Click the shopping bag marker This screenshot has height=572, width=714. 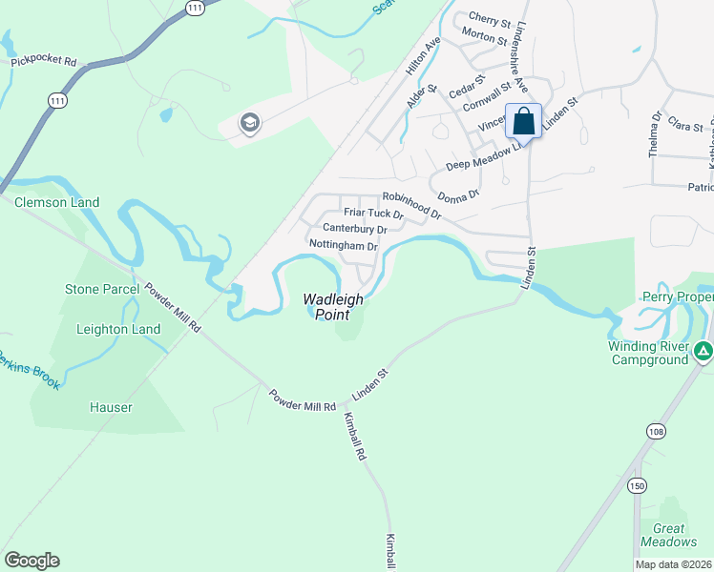tap(523, 121)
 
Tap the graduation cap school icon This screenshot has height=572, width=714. tap(250, 123)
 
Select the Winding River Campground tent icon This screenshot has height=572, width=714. tap(703, 352)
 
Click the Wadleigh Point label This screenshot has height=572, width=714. tap(333, 306)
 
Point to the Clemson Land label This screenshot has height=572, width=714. tap(56, 202)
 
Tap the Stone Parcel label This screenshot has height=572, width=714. tap(102, 289)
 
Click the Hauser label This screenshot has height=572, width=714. tap(111, 407)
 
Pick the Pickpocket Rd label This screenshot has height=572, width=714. tap(43, 61)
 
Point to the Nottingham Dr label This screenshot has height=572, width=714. tap(344, 246)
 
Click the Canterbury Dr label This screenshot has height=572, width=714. tap(354, 230)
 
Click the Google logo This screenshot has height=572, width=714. tap(31, 561)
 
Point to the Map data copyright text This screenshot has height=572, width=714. tap(672, 564)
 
